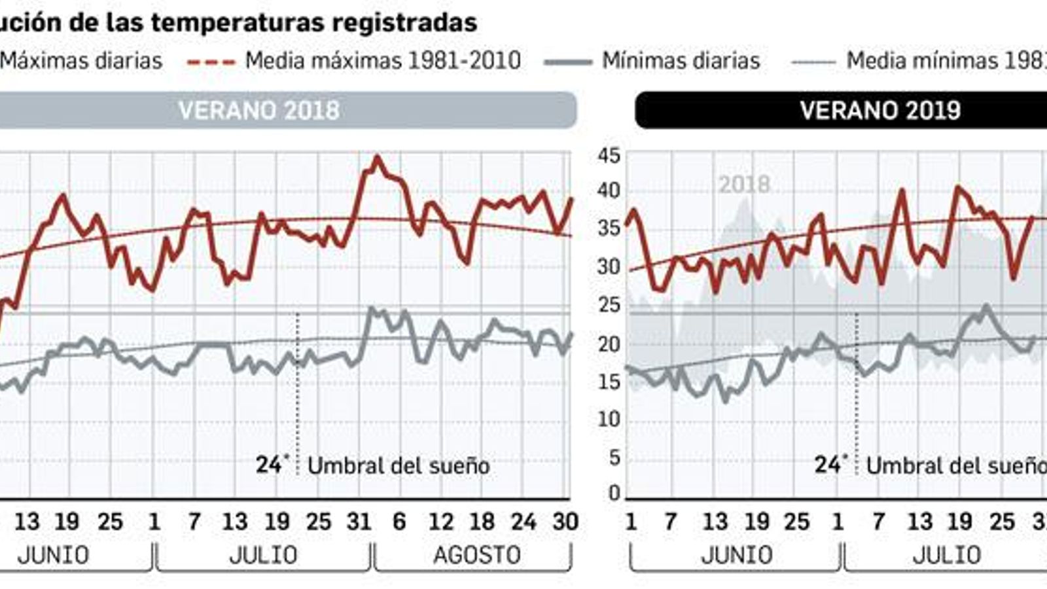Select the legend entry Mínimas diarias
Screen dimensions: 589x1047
click(681, 61)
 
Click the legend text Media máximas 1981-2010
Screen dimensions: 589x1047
click(383, 61)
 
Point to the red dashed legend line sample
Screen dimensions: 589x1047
click(211, 62)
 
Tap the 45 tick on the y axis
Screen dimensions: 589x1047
click(609, 156)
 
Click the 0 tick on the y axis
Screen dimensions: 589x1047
click(613, 493)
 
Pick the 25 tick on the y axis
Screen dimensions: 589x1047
click(609, 305)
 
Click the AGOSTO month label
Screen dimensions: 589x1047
click(476, 555)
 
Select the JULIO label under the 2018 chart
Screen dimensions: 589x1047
click(263, 555)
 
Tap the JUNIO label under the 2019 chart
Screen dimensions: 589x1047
click(736, 555)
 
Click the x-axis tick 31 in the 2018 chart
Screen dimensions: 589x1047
click(359, 522)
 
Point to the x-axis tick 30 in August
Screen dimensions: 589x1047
click(565, 522)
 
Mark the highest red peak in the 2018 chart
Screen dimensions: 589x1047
click(376, 157)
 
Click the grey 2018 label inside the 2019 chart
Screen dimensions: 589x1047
click(744, 185)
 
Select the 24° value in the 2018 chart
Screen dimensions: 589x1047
click(270, 465)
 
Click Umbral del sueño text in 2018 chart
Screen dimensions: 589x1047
click(399, 466)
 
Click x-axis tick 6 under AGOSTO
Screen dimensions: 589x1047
click(399, 522)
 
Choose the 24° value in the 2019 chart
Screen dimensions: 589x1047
click(828, 465)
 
